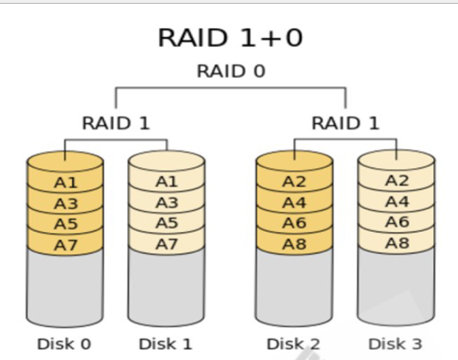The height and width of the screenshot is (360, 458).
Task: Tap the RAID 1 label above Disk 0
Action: [x=116, y=123]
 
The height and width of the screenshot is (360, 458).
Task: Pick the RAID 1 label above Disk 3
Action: [x=345, y=123]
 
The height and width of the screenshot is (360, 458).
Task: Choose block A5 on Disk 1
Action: [x=166, y=222]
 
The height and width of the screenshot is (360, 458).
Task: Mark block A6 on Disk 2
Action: [x=294, y=222]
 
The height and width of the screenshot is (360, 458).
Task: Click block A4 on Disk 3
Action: [x=396, y=201]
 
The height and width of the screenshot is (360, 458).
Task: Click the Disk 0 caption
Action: [x=64, y=344]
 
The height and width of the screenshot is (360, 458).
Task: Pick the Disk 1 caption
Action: [x=166, y=344]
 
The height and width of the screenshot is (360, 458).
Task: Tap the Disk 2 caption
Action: [x=294, y=344]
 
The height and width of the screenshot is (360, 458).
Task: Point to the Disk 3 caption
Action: [x=396, y=344]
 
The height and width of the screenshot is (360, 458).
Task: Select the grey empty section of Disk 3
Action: [x=396, y=283]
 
